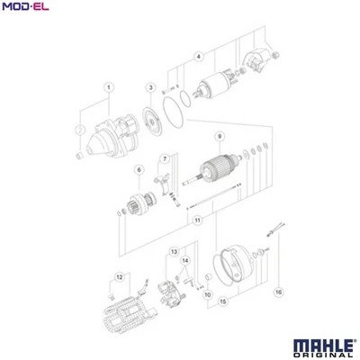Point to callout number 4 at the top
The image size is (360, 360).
pyautogui.click(x=199, y=57)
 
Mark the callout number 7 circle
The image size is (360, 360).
pyautogui.click(x=164, y=160)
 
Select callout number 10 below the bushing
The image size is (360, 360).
pyautogui.click(x=207, y=293)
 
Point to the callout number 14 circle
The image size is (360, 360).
pyautogui.click(x=185, y=262)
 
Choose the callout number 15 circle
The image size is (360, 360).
pyautogui.click(x=222, y=303)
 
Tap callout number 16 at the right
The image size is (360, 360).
pyautogui.click(x=278, y=291)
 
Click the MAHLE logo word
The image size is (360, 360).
pyautogui.click(x=319, y=344)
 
